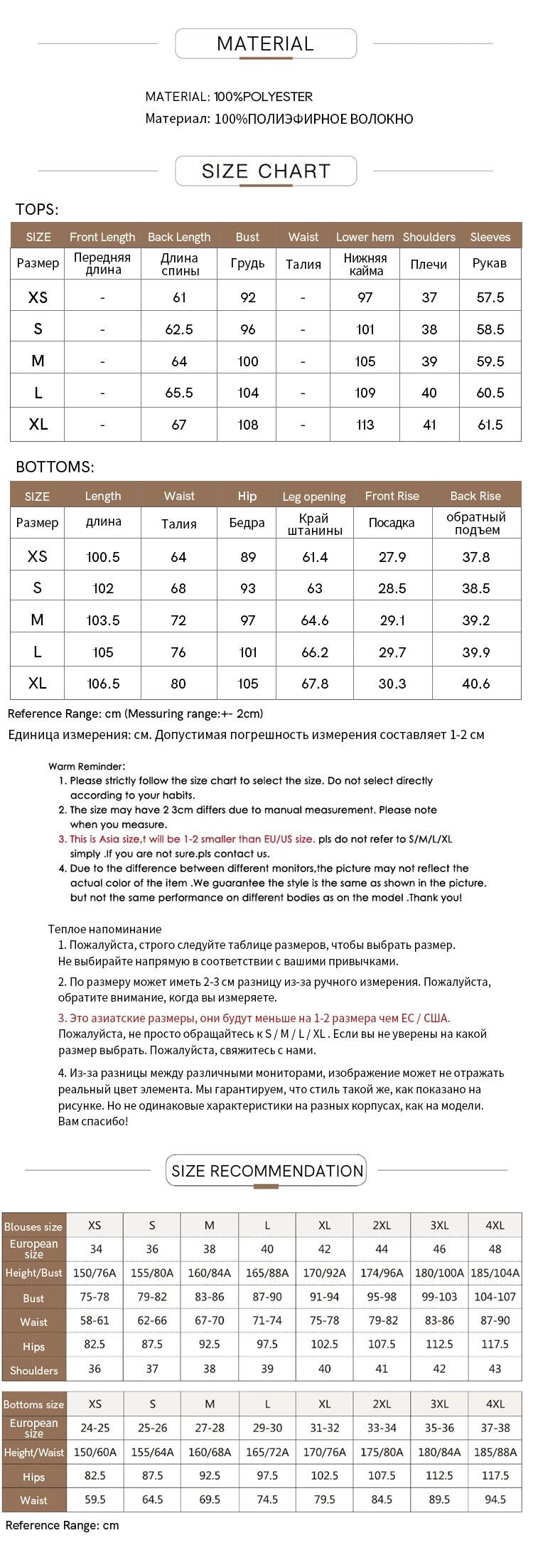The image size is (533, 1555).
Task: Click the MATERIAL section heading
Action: [x=265, y=44]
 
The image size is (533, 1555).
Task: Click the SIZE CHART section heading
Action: [x=266, y=171]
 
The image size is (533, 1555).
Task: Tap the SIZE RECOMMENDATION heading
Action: [x=267, y=1170]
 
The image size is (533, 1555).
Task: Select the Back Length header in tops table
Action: [x=179, y=237]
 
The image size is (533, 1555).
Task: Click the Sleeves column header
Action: [x=490, y=237]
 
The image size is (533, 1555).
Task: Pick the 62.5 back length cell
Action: [x=179, y=329]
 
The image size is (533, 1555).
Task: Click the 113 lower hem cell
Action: [x=365, y=425]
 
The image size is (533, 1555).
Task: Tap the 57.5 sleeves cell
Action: [x=490, y=297]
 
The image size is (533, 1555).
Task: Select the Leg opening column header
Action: [x=314, y=497]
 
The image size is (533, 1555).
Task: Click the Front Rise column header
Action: [x=392, y=496]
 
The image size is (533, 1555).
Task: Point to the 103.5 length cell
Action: [x=103, y=620]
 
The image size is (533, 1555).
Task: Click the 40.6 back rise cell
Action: [x=475, y=684]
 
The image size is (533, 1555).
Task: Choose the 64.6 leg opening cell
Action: [x=314, y=620]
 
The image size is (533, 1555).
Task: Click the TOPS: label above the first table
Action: [x=37, y=210]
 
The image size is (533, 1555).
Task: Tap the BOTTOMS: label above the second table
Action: [x=55, y=467]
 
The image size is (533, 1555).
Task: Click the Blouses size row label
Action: [x=33, y=1226]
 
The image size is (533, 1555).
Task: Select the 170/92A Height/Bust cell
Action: [x=325, y=1273]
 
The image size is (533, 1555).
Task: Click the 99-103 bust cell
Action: [x=439, y=1297]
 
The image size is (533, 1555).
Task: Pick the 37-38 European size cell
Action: [x=495, y=1428]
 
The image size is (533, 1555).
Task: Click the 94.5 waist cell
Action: [x=495, y=1499]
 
